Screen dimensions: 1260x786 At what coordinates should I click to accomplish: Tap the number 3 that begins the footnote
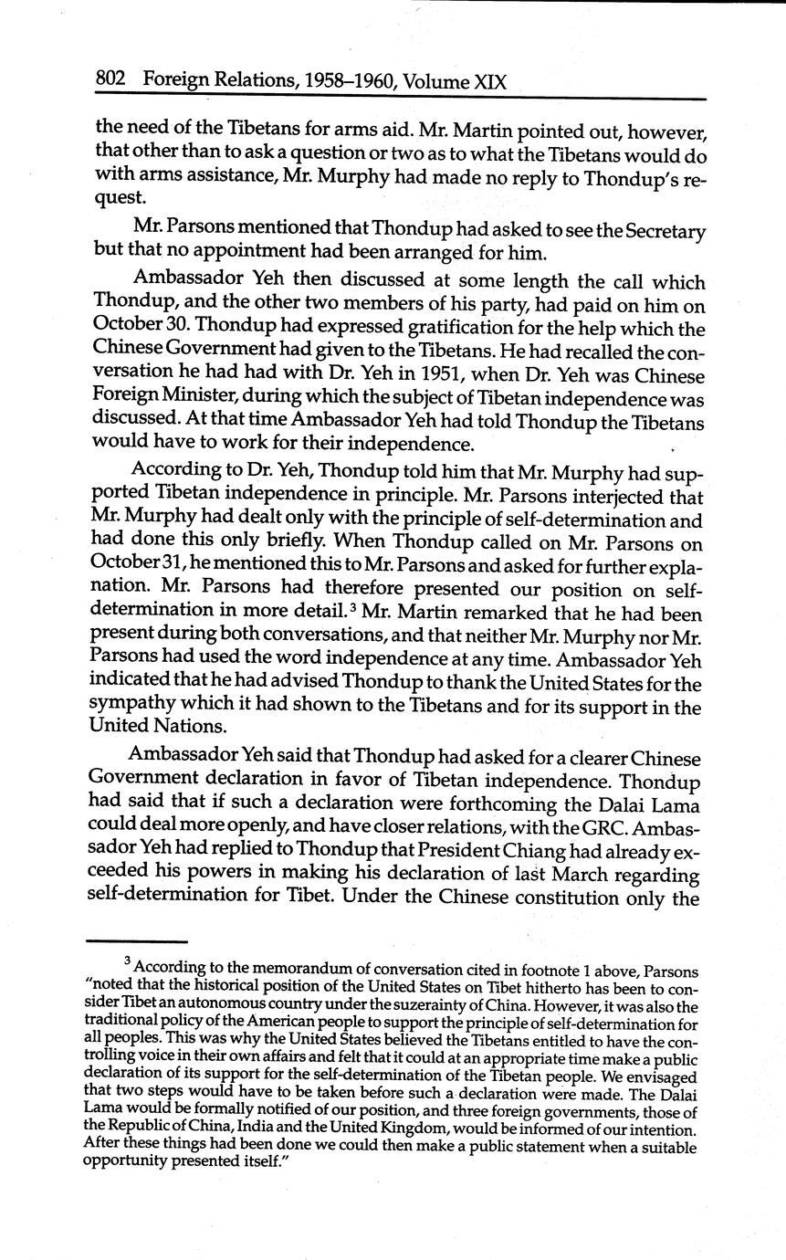click(127, 961)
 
